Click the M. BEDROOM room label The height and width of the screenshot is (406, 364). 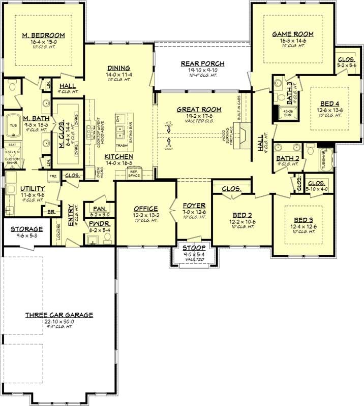[x=44, y=35]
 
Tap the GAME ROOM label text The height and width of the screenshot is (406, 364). [x=292, y=34]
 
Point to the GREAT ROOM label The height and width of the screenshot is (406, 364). [x=199, y=109]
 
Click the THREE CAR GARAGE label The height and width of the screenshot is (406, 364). [x=59, y=315]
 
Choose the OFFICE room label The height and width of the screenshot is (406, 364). [x=146, y=208]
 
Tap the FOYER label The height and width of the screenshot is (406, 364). [x=194, y=206]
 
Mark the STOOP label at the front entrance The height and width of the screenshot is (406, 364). [x=194, y=248]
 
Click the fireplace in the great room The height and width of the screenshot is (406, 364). [x=244, y=135]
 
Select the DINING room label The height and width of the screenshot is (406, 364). [x=118, y=67]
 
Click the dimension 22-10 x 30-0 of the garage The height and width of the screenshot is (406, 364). [x=59, y=321]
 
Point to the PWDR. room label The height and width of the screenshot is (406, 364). [x=100, y=223]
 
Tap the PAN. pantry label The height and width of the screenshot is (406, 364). [x=99, y=208]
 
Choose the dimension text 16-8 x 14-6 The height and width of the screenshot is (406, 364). [x=292, y=40]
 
